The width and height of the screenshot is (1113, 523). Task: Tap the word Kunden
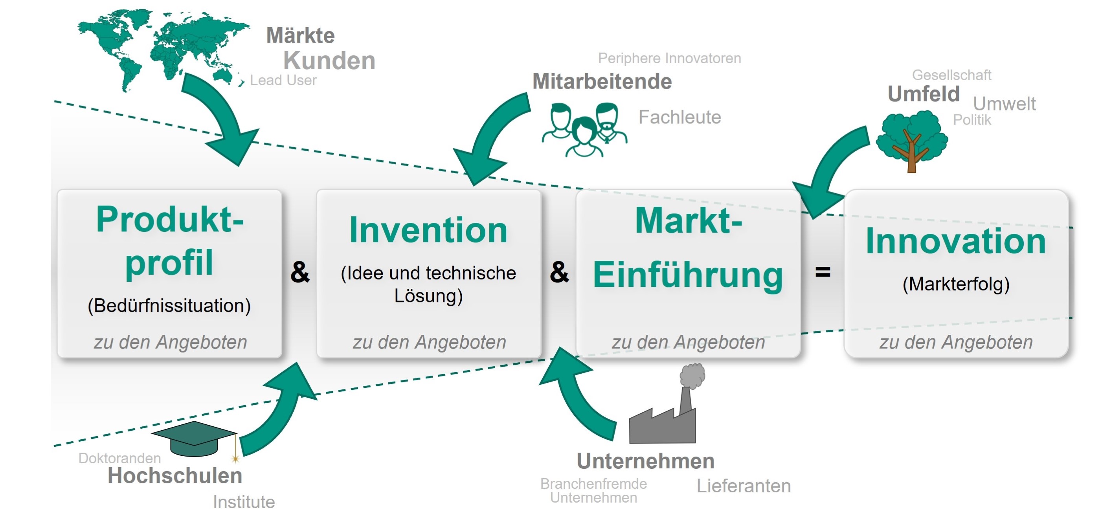(x=329, y=61)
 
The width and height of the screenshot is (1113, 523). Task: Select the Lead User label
(x=283, y=80)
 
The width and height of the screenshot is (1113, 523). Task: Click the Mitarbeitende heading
(x=602, y=82)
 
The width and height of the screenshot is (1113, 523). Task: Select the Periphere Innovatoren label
(x=669, y=58)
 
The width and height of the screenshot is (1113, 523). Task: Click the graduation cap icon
(x=195, y=439)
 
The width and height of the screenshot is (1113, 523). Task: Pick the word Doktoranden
(x=120, y=458)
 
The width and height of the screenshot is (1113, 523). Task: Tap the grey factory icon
(x=668, y=408)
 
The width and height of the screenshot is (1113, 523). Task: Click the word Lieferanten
(x=744, y=486)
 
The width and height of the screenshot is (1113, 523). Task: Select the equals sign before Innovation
(x=823, y=272)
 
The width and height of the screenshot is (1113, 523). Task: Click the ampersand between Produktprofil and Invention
(x=300, y=272)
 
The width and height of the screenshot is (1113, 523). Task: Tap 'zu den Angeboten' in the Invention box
(x=429, y=342)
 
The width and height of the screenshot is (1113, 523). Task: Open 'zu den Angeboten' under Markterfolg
(x=956, y=342)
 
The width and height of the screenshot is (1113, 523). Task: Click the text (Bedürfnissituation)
(x=169, y=306)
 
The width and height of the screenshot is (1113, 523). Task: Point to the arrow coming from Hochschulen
(x=277, y=410)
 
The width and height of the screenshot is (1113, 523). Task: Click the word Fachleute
(x=680, y=117)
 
